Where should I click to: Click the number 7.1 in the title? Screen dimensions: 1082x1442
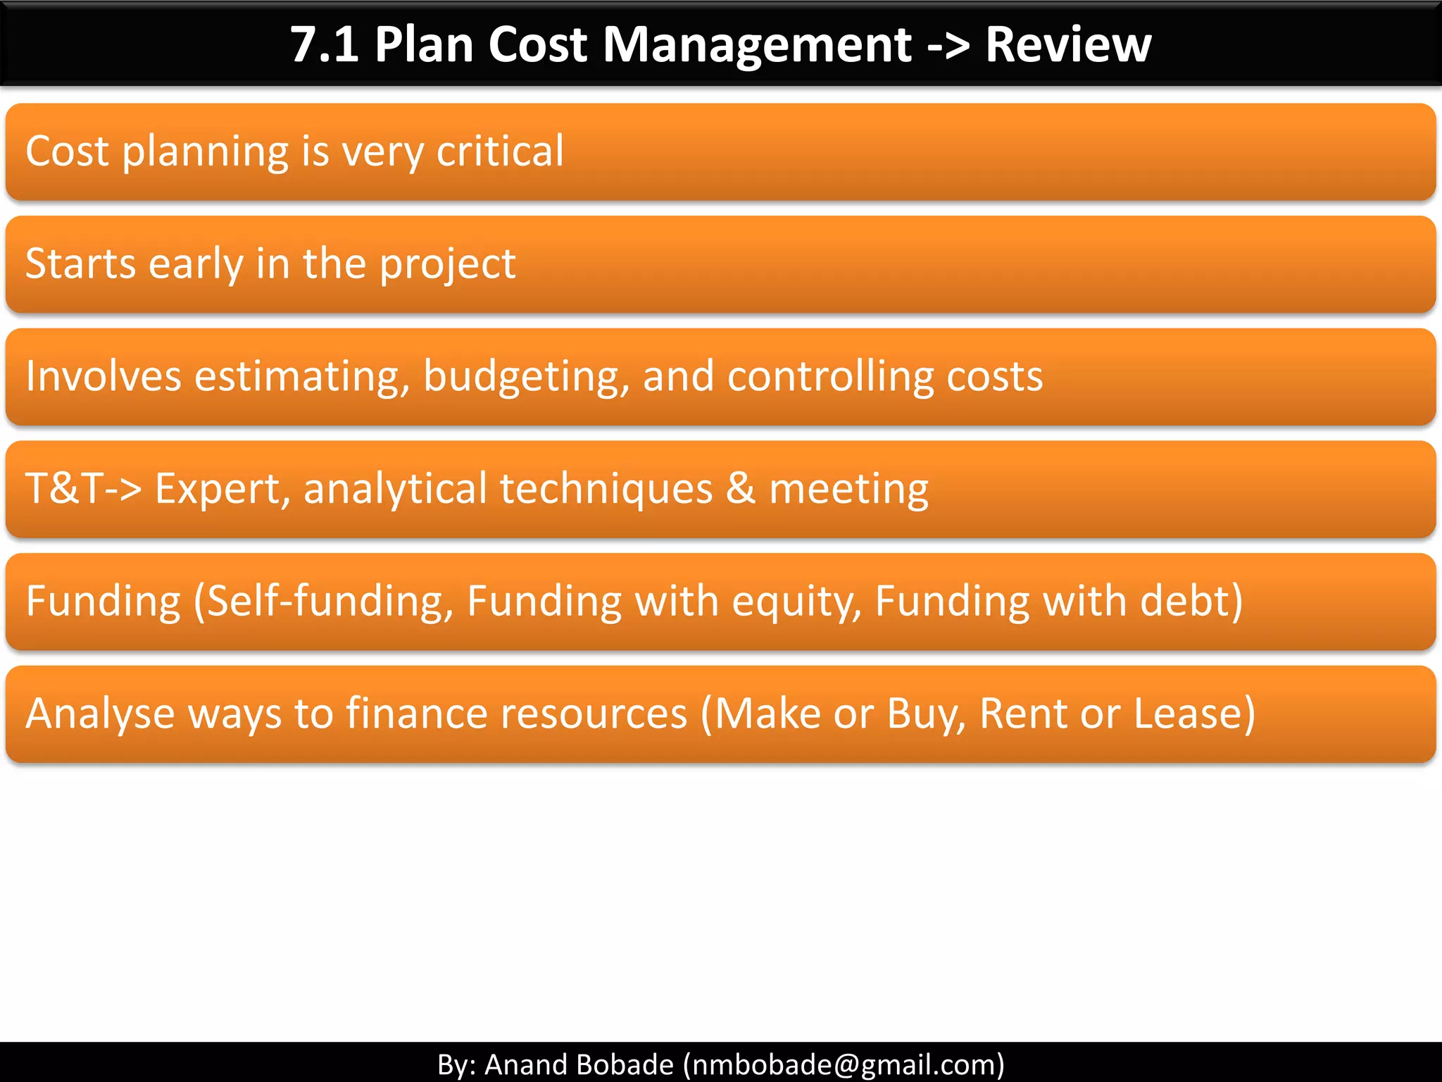pos(325,45)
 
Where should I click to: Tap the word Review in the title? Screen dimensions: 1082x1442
pos(1067,45)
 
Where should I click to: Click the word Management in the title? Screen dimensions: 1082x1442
pos(758,45)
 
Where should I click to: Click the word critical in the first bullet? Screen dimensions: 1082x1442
pos(500,151)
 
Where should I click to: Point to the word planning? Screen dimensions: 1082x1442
pos(205,152)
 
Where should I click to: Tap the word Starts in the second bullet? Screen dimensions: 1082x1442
pos(80,263)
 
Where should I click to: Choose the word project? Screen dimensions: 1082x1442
pos(447,265)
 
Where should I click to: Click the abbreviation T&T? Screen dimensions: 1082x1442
pos(65,488)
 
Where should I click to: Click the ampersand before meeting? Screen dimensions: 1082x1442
pos(740,488)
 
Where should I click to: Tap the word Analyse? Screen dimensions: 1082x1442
pos(100,714)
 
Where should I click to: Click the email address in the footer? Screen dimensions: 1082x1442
pos(844,1064)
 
